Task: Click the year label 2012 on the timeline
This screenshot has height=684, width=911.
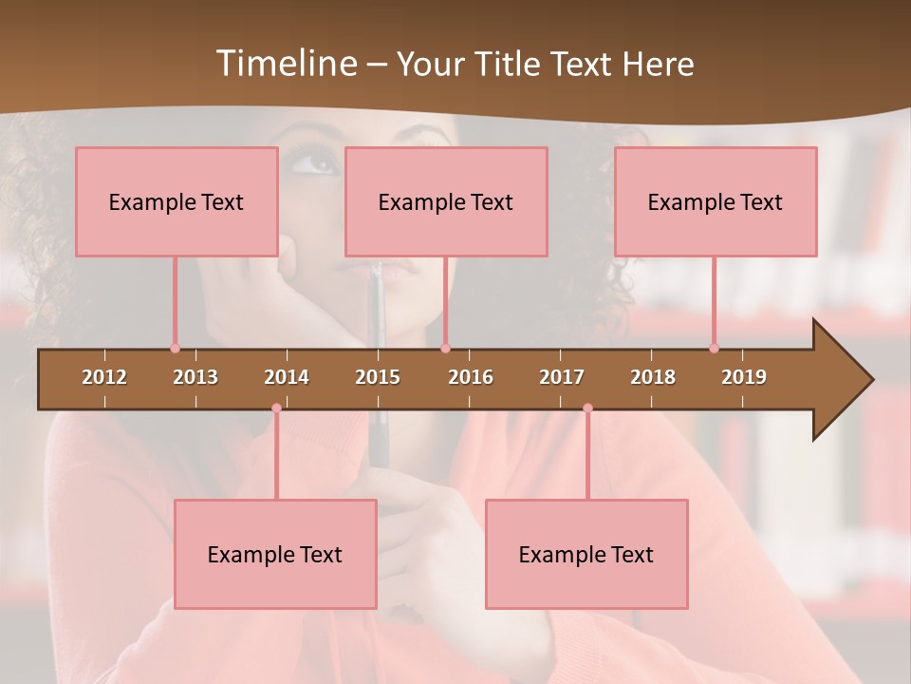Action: coord(104,377)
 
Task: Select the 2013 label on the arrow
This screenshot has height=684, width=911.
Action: coord(195,377)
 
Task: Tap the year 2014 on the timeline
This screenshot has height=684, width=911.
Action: coord(287,377)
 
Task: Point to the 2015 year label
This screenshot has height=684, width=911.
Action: coord(378,377)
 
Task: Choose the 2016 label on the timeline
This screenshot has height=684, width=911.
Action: coord(471,377)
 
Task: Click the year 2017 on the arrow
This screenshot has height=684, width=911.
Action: coord(562,377)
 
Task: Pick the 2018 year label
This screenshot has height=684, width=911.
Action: coord(653,377)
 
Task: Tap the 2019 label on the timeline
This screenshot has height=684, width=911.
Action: coord(744,377)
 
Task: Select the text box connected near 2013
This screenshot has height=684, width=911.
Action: coord(177,201)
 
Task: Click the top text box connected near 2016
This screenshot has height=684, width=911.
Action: coord(446,201)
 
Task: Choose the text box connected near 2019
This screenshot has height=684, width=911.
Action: coord(716,201)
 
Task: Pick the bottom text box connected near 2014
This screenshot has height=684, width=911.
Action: coord(275,554)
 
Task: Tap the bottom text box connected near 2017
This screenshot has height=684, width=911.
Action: coord(586,554)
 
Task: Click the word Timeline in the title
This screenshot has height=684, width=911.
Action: coord(285,64)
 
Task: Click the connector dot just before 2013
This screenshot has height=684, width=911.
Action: coord(175,349)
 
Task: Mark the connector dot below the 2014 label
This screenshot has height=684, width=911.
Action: coord(276,408)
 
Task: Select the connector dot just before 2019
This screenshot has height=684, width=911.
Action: coord(714,349)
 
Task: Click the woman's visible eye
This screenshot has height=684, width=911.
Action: coord(313,163)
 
